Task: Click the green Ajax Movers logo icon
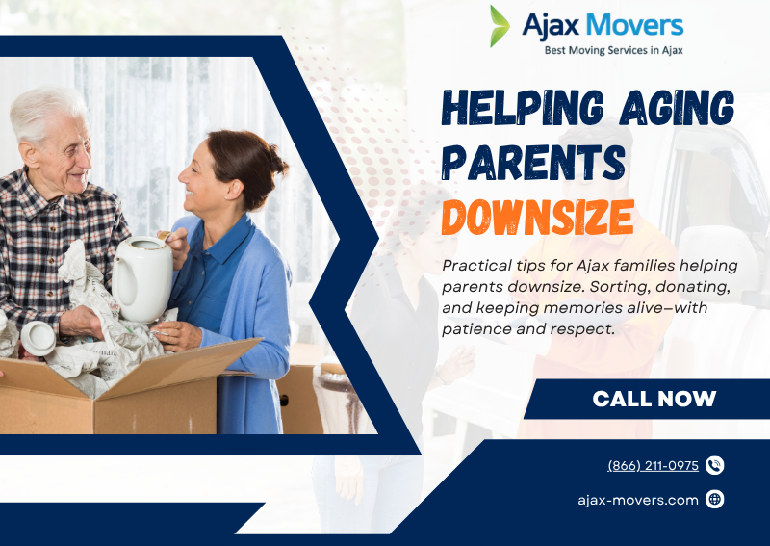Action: (500, 26)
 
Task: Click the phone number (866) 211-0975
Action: (653, 465)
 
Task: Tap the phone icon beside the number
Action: (714, 465)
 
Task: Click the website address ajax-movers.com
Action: (638, 499)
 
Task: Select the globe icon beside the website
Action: (714, 499)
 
